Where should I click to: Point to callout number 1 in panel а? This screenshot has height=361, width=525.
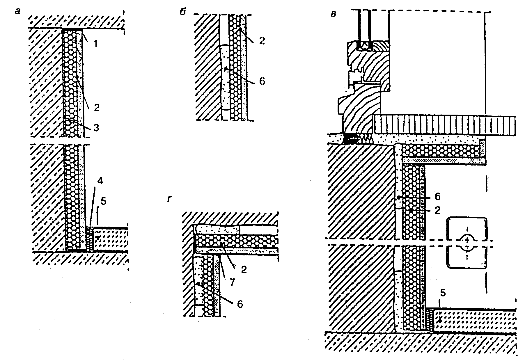pos(95,44)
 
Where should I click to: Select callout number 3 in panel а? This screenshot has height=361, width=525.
pos(96,127)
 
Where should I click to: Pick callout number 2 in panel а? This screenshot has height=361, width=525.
pos(97,108)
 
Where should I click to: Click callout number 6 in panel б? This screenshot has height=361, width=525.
pos(262,81)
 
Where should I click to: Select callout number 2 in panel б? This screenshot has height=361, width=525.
pos(262,41)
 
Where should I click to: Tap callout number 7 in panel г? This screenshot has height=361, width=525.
pos(232,282)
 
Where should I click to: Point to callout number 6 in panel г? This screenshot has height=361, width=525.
pos(240,304)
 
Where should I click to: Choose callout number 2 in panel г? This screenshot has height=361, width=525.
pos(244,270)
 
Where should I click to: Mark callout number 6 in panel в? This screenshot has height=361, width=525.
pos(437,197)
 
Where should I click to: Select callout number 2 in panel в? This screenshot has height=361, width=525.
pos(437,210)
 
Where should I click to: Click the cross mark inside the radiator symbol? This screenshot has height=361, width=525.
pos(467,240)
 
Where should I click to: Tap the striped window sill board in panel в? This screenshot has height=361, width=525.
pos(445,125)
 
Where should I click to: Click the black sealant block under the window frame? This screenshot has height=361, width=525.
pos(350,139)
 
